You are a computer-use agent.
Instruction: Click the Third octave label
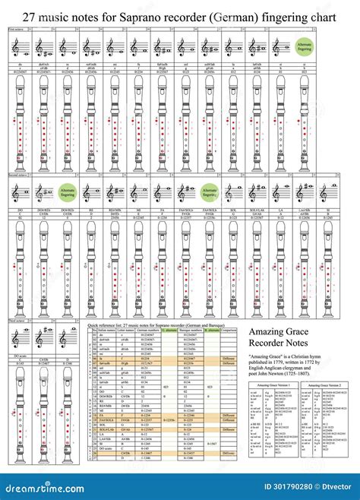(x=17, y=322)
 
